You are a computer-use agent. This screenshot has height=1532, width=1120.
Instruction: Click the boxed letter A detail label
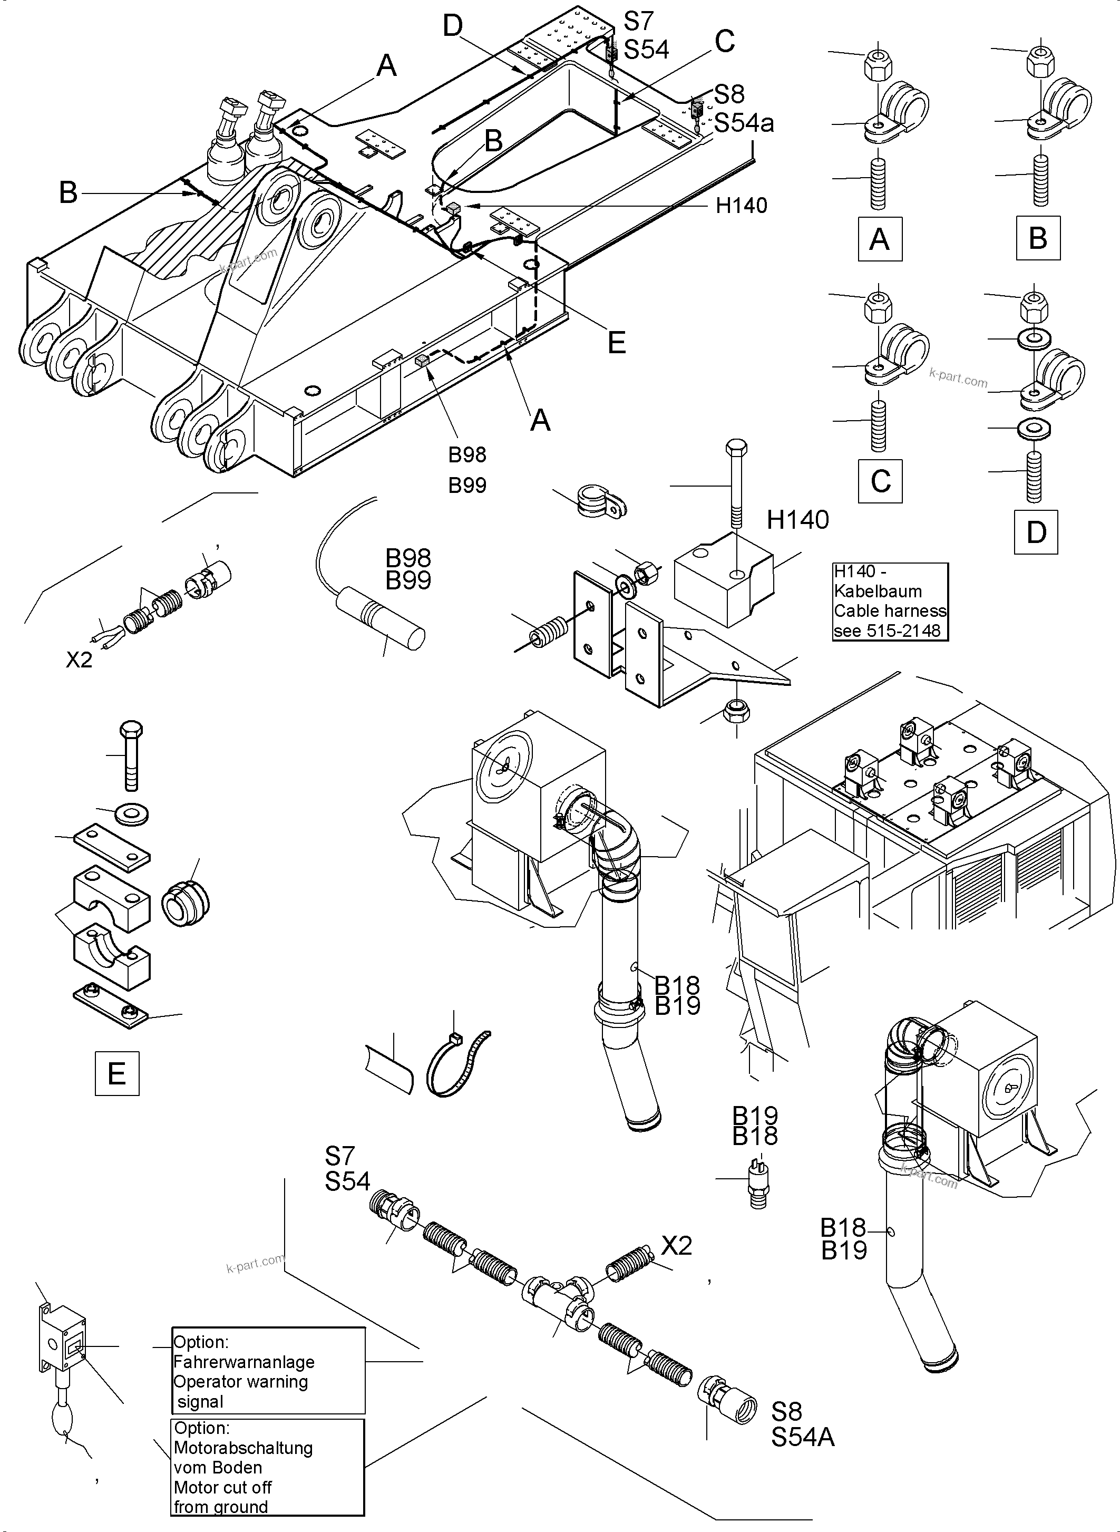(879, 239)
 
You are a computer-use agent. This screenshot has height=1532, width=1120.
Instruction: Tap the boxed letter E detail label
(116, 1073)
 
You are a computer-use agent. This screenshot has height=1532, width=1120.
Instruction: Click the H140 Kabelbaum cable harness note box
(890, 601)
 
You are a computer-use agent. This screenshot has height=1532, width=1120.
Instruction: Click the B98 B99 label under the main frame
(467, 469)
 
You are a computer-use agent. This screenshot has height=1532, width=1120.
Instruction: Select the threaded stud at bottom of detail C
(878, 425)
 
